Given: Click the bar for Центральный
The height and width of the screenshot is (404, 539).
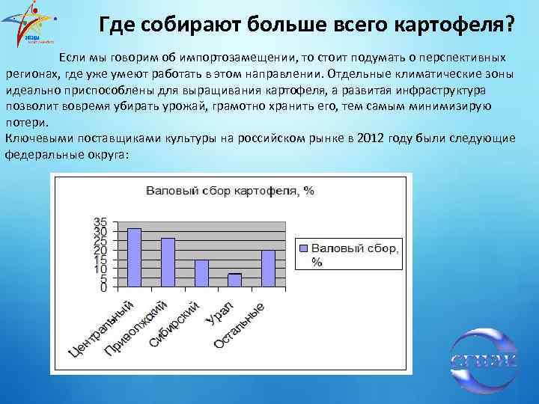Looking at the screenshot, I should (x=134, y=257).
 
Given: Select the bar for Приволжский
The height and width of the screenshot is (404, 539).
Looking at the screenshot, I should (x=168, y=263).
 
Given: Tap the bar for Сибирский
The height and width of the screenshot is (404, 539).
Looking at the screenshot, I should (x=201, y=273).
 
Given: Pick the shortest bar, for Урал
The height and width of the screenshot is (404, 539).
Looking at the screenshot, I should (x=234, y=281).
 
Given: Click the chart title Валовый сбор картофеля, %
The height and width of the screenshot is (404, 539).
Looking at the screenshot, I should (x=230, y=191).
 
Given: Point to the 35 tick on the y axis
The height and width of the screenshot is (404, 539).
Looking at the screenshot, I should (x=100, y=222).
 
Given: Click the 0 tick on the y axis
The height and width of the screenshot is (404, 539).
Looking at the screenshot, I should (x=104, y=287).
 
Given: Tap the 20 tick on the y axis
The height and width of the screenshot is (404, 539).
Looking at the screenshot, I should (x=100, y=250).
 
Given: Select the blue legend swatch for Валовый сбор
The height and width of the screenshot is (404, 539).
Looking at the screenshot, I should (x=303, y=248).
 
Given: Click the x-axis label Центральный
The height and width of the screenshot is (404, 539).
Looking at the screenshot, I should (x=101, y=328).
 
